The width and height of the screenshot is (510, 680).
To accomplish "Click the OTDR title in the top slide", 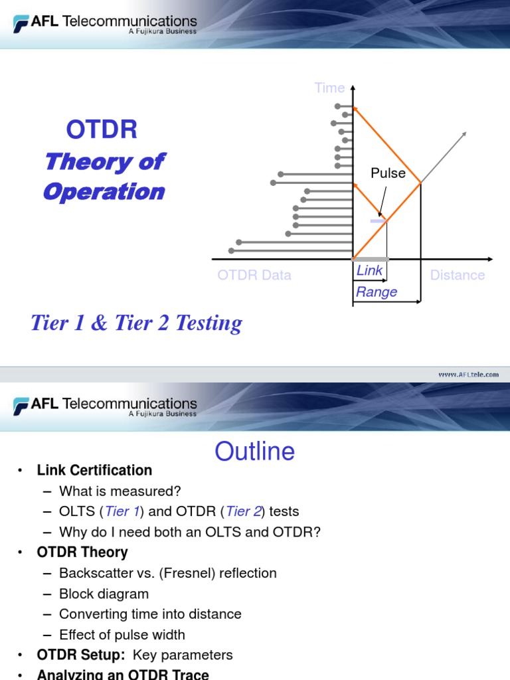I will click(x=102, y=129).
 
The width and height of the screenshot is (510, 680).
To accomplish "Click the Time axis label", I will click(x=329, y=88).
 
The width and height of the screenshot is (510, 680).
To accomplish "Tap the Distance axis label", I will click(x=457, y=275).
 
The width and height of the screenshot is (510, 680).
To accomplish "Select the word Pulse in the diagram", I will click(x=388, y=173).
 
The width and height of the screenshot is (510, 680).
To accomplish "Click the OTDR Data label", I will click(x=254, y=275).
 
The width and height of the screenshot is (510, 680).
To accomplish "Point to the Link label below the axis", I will click(x=369, y=271).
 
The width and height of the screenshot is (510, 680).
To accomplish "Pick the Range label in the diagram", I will click(x=377, y=292).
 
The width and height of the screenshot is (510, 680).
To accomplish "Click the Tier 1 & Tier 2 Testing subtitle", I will click(x=136, y=323).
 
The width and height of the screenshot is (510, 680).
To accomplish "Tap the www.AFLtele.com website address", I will click(x=468, y=375).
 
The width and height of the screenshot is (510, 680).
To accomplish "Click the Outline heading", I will click(x=254, y=452).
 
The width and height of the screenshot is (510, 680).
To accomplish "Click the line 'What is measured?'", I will click(x=120, y=491).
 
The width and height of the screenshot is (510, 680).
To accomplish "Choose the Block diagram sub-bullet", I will click(x=104, y=594).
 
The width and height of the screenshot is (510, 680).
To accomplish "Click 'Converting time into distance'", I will click(x=150, y=614).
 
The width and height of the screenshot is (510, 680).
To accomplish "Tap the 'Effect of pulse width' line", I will click(x=122, y=635).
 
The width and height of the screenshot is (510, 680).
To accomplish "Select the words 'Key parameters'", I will click(x=183, y=655).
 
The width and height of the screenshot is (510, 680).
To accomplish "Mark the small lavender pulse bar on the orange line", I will click(x=378, y=220).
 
